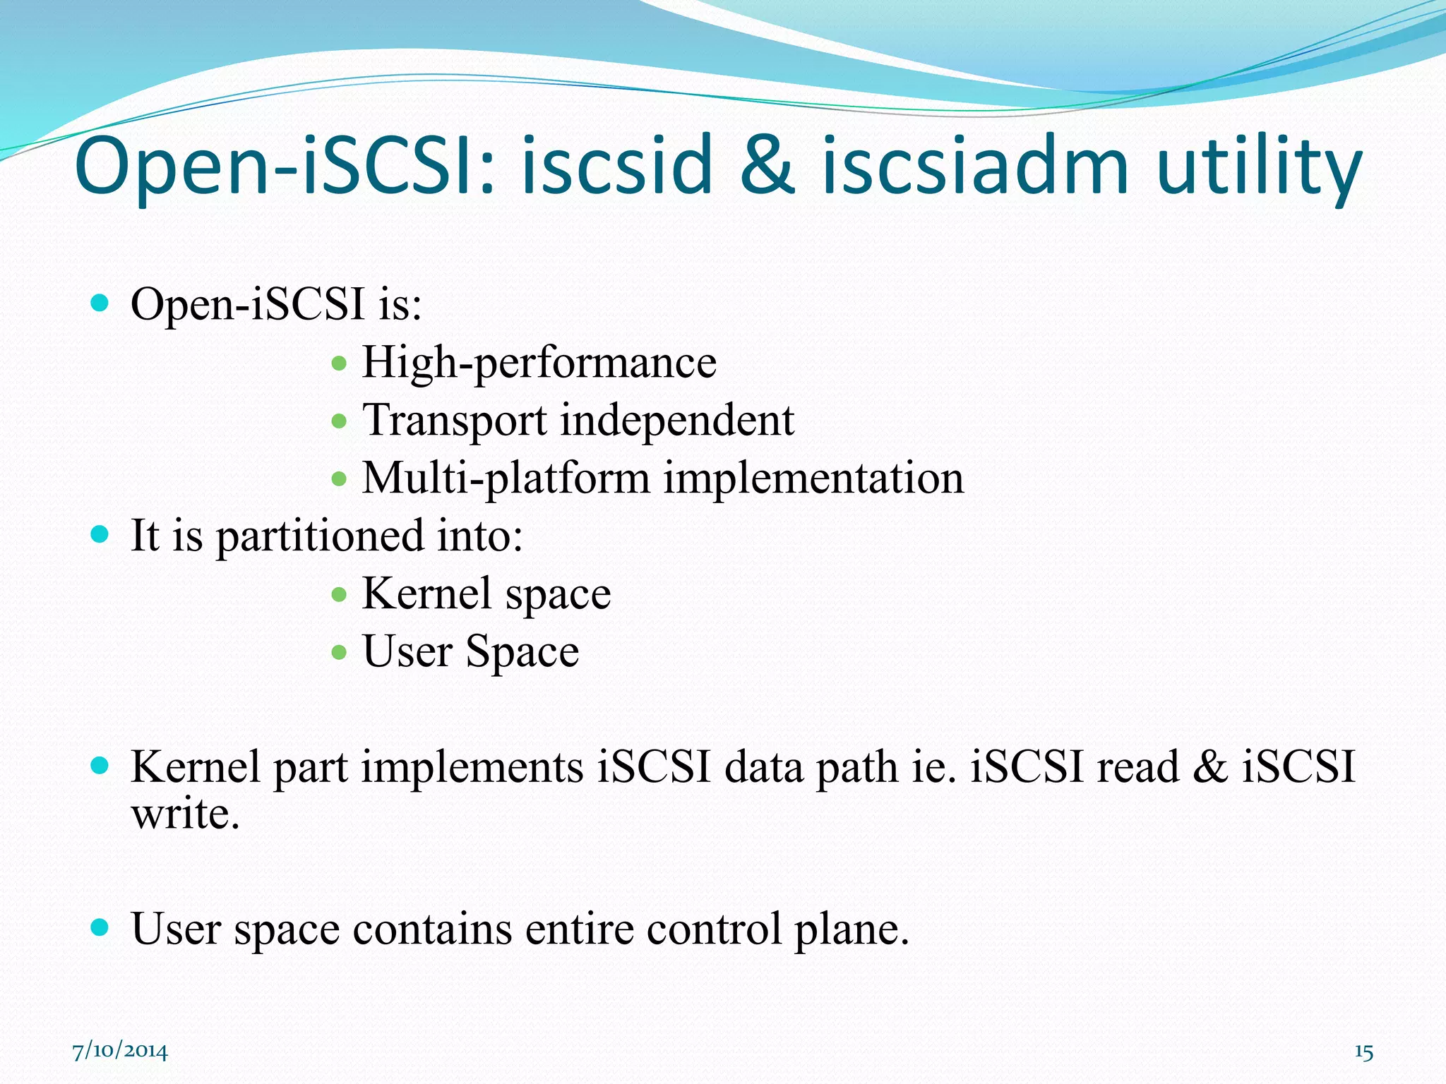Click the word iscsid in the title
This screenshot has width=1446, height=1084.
(x=616, y=167)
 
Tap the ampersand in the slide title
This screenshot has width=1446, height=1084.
(x=767, y=167)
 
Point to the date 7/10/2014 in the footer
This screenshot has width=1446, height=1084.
(x=120, y=1052)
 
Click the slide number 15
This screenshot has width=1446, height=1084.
(x=1363, y=1052)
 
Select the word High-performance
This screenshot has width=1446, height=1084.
(x=539, y=363)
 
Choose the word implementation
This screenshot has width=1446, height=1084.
(x=813, y=479)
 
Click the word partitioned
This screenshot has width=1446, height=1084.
(x=319, y=536)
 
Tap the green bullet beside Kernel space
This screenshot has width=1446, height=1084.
(x=339, y=594)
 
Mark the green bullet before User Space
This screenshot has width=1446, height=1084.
(x=339, y=651)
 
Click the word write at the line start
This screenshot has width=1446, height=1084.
(x=185, y=814)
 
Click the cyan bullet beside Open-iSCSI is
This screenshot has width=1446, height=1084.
(x=100, y=304)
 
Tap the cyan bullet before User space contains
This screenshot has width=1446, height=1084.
(x=100, y=927)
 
